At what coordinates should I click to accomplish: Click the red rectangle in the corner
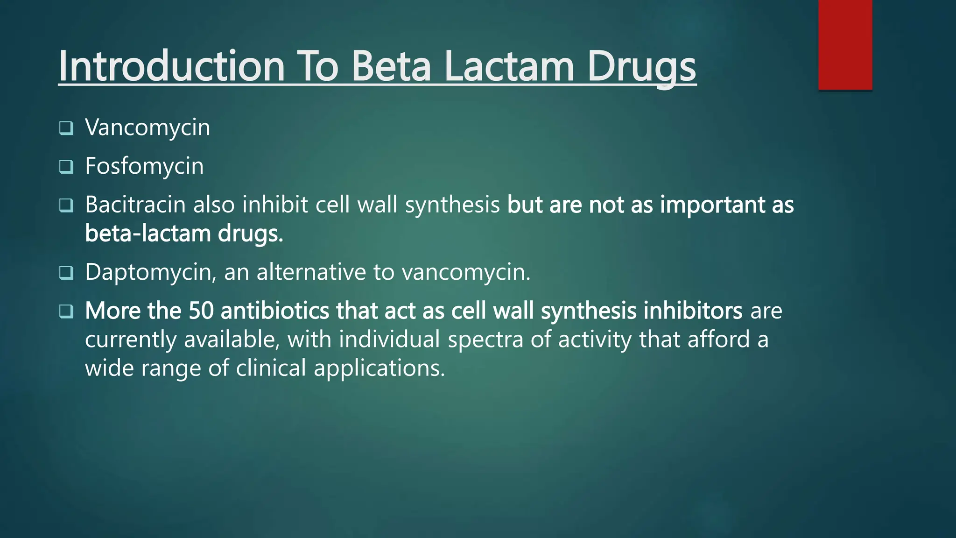(x=845, y=45)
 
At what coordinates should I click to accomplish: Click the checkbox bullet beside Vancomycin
(x=66, y=128)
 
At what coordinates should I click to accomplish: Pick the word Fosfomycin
(x=144, y=166)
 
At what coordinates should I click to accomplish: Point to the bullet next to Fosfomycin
(x=66, y=167)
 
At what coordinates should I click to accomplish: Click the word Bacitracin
(x=135, y=205)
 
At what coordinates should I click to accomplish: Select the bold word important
(x=712, y=205)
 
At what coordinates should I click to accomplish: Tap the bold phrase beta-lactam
(x=147, y=233)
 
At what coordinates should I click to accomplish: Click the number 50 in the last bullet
(x=201, y=311)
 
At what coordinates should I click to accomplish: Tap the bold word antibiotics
(x=275, y=311)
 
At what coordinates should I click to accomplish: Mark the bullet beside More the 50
(x=66, y=311)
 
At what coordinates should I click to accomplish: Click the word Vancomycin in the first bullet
(x=148, y=127)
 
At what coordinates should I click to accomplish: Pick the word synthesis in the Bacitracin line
(x=452, y=205)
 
